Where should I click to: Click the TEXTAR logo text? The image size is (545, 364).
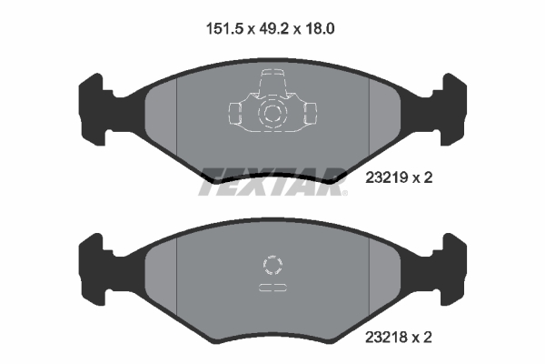(272, 177)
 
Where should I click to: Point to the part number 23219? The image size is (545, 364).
(385, 178)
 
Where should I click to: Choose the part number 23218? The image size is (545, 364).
(385, 337)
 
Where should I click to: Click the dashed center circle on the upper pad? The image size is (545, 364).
(272, 115)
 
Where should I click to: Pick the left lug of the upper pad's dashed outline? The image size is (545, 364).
(233, 114)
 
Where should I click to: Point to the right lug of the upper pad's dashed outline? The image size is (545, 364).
(310, 114)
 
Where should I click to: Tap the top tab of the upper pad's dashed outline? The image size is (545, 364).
(272, 81)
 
